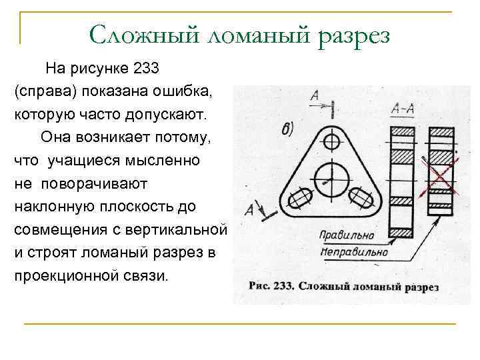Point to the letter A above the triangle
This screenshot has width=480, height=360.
coord(314,98)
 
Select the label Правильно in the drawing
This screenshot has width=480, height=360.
coord(347,236)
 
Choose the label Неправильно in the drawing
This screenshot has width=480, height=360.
coord(354,253)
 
